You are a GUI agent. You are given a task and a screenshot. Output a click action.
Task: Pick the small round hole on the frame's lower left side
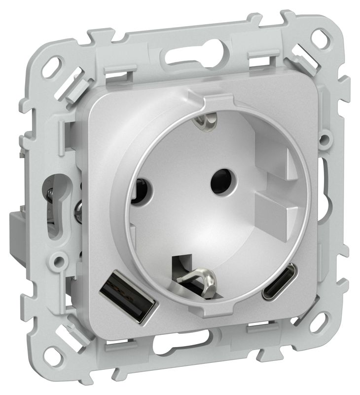pyautogui.click(x=60, y=258)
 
